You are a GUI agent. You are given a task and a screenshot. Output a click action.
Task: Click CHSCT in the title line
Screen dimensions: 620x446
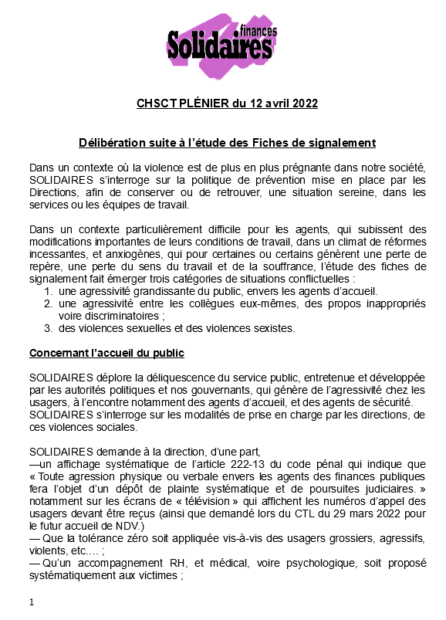pos(157,103)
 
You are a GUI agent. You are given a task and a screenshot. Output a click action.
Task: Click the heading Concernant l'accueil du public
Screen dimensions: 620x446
pos(106,354)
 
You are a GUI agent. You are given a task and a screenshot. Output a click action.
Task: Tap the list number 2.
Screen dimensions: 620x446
pos(48,304)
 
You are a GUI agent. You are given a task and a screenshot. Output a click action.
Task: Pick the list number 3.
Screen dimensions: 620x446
pos(48,328)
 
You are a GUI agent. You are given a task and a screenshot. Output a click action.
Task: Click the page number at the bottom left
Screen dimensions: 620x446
pos(31,602)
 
